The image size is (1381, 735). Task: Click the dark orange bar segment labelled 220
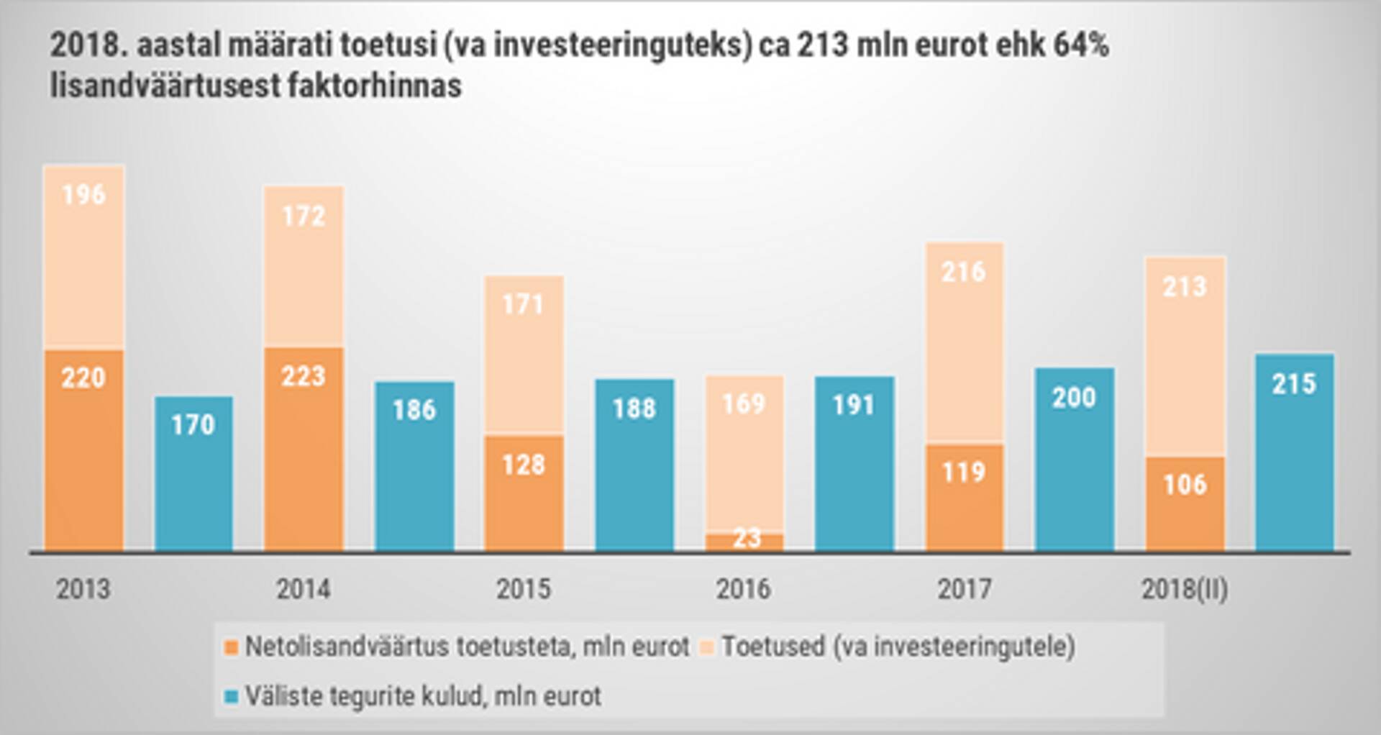(84, 449)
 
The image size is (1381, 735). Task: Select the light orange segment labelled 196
(84, 257)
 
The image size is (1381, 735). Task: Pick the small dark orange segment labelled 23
(744, 542)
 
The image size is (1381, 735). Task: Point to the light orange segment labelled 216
(964, 342)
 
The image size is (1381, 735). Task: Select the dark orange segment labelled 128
(524, 493)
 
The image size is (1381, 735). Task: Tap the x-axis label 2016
(743, 589)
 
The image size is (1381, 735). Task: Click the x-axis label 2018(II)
(1185, 589)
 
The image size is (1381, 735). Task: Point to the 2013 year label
(83, 589)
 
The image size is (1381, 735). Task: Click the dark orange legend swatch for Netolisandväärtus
(231, 647)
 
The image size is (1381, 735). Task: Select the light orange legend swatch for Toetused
(707, 647)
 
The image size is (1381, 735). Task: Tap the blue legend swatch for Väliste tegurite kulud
(231, 697)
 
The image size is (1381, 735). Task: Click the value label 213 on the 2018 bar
(1185, 287)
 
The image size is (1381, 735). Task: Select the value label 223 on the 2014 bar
(304, 376)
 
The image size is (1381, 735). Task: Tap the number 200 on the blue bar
(1074, 398)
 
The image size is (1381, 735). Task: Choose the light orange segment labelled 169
(744, 453)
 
